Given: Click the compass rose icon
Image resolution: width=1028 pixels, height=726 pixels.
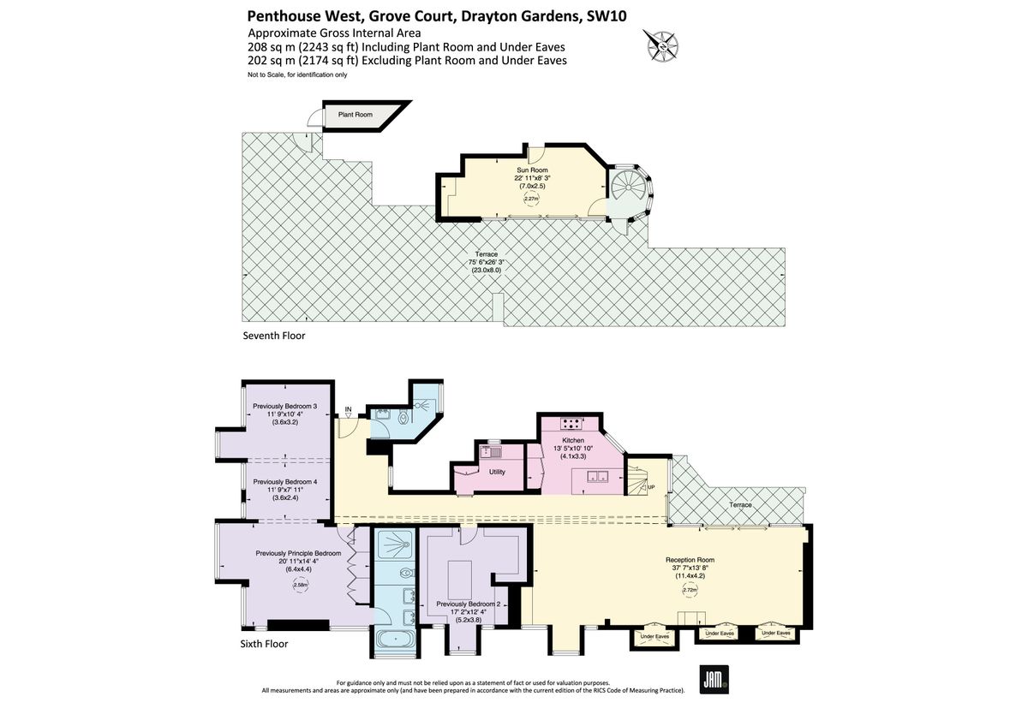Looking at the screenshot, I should pos(660,45).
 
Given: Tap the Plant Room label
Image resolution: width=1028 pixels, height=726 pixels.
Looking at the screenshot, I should pos(355,114).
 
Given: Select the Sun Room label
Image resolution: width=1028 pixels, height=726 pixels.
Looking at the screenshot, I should pos(531,170).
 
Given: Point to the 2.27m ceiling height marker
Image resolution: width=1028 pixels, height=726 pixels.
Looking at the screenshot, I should pos(531,199).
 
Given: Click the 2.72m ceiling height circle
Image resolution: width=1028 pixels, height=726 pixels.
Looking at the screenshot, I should pos(690,590).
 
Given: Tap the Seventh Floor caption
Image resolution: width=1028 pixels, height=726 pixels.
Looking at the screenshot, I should pos(274,336).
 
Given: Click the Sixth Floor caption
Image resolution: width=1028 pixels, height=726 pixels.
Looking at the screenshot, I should pos(265,644).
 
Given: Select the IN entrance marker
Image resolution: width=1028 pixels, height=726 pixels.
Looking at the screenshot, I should pos(348,410).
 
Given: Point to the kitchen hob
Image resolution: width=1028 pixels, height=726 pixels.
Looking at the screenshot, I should pos(571,423).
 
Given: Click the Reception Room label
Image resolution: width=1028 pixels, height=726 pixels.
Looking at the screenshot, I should pos(690,560).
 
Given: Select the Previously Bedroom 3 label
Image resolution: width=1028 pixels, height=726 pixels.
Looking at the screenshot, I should pos(285,406).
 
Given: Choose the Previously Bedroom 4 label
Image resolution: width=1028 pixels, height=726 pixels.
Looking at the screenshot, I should pos(285,482).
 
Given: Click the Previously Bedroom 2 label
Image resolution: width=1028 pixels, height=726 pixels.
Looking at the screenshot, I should pos(468,604).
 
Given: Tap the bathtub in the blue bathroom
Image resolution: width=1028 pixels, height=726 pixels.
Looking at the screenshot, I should pos(395,638).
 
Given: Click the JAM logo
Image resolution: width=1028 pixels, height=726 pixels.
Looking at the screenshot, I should pos(714,679).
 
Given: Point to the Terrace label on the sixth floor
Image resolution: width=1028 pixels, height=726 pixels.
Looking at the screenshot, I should pos(741,505).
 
